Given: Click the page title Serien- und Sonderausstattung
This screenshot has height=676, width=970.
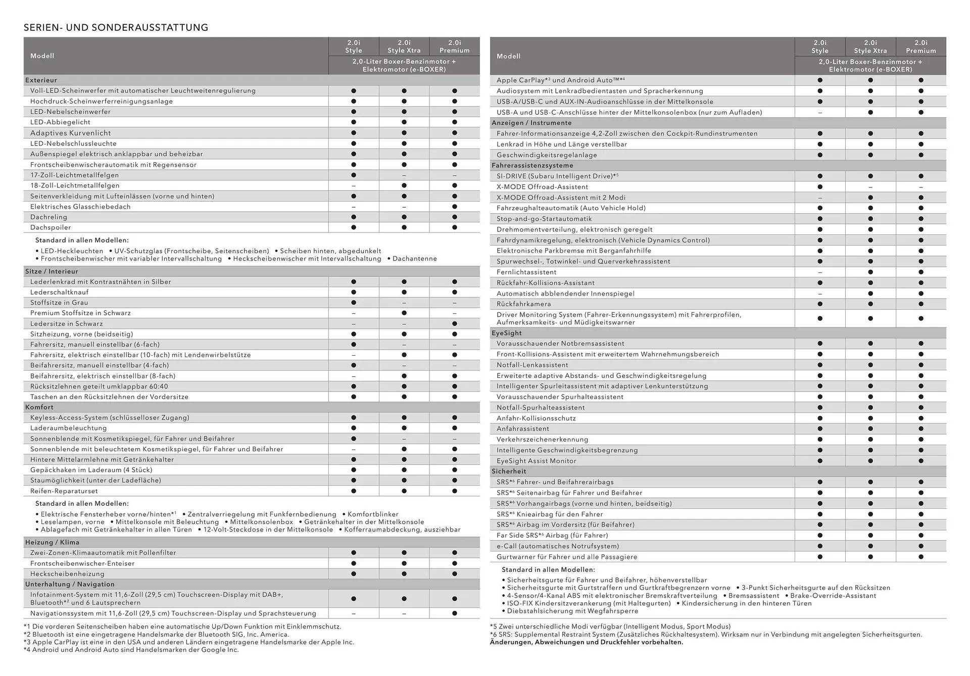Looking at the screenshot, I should [116, 27].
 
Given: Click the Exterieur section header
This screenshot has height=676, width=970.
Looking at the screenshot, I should [41, 80].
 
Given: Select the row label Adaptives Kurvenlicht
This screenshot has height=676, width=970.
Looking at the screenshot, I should [70, 133].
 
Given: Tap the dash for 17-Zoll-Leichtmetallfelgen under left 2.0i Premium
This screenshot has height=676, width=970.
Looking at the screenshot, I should [454, 175].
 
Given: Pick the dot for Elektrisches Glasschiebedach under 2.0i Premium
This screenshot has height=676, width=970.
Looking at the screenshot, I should [454, 207].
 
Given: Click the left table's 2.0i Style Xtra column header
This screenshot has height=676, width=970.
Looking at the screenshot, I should [404, 46].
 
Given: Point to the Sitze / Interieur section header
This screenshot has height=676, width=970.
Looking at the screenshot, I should [52, 271].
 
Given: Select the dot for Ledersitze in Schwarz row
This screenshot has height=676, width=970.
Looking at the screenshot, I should [454, 324].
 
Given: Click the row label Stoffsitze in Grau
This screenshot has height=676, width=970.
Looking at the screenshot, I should [59, 303].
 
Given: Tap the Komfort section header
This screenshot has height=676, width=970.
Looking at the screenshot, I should [39, 407].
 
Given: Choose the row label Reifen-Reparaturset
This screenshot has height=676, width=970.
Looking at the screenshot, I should [64, 491].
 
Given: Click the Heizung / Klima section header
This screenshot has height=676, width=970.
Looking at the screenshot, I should [52, 542].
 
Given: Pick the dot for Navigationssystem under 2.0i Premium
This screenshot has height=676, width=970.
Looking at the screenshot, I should [454, 613].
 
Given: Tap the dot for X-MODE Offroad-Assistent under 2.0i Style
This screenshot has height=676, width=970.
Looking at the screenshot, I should [819, 187].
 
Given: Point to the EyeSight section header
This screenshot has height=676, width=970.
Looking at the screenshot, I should [506, 333].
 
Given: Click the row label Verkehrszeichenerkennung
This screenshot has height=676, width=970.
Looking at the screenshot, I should [542, 440].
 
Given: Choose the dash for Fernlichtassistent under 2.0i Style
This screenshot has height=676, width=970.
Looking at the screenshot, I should [819, 272].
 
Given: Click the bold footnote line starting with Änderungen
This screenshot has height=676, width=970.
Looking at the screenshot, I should [586, 642].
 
